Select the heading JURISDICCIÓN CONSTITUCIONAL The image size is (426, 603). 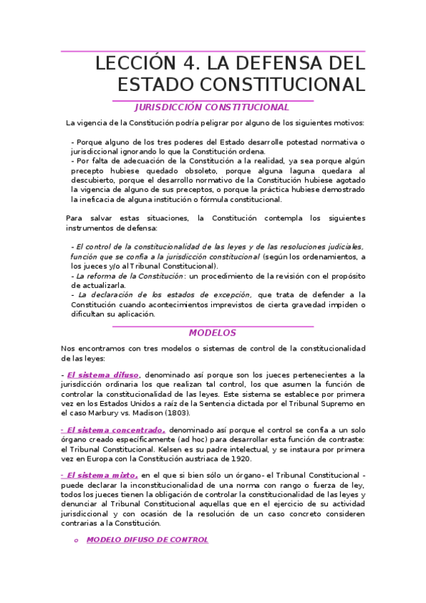tap(212, 107)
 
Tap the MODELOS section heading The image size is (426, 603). tap(212, 333)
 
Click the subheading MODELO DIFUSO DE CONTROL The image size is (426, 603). tap(147, 540)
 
